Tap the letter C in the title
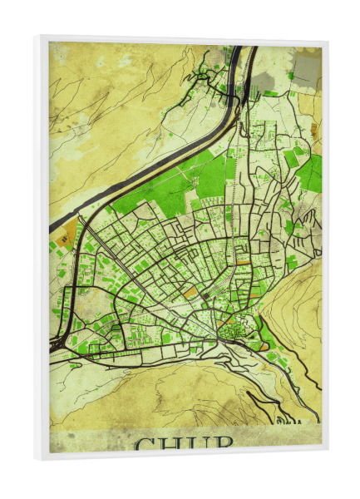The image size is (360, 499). [146, 444]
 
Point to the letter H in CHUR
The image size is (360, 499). [171, 444]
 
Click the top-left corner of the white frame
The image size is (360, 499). [38, 37]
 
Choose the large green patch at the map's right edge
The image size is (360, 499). [310, 175]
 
